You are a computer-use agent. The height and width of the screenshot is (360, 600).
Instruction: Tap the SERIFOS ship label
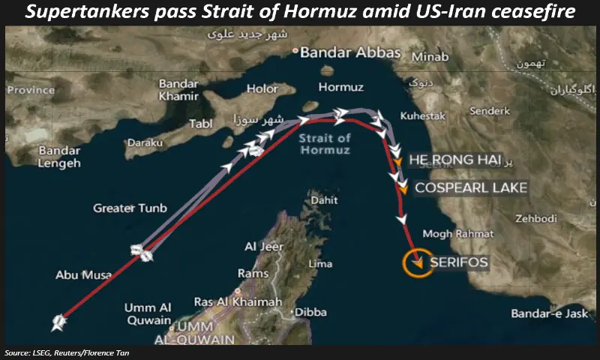(459, 262)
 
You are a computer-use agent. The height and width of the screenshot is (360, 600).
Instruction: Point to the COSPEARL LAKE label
(471, 187)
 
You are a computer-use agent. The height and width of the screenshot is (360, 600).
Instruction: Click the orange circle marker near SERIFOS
(415, 262)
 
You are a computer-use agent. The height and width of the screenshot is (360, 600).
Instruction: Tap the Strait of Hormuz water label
(324, 144)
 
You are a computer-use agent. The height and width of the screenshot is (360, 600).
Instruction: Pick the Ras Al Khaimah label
(238, 301)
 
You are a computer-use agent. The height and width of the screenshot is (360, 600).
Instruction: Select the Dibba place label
(311, 311)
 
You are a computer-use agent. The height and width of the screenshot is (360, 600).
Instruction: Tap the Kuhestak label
(423, 116)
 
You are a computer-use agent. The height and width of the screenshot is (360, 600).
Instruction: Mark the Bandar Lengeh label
(58, 156)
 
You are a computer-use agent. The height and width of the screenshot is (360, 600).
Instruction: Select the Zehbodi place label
(535, 218)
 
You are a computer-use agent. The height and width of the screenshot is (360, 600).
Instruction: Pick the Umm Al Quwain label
(148, 313)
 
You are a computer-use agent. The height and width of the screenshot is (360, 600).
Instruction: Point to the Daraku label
(145, 142)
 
